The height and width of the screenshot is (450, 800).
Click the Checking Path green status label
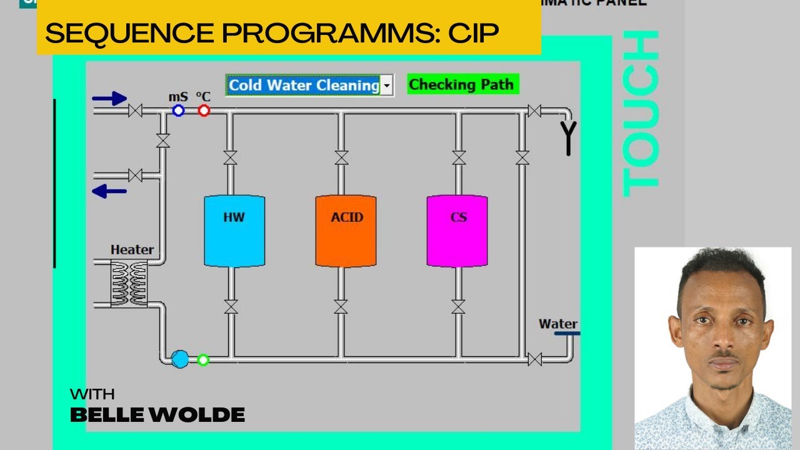tap(462, 84)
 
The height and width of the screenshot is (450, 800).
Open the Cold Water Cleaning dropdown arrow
tap(387, 85)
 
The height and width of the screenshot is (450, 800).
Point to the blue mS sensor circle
tap(178, 111)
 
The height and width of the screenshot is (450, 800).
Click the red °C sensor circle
tap(204, 111)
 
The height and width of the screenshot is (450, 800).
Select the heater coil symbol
tap(129, 284)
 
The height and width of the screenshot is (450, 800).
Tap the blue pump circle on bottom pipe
tap(180, 359)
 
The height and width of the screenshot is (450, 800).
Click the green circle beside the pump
tap(203, 359)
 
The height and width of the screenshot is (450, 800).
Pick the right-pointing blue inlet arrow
tap(109, 98)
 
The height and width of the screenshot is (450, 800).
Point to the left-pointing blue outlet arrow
tap(109, 192)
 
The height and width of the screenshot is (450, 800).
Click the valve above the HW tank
tap(231, 157)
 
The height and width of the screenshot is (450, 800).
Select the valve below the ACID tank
tap(341, 307)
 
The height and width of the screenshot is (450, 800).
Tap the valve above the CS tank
tap(459, 157)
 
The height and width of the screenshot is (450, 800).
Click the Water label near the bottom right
tap(558, 324)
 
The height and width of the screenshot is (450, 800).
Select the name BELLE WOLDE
tap(157, 414)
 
